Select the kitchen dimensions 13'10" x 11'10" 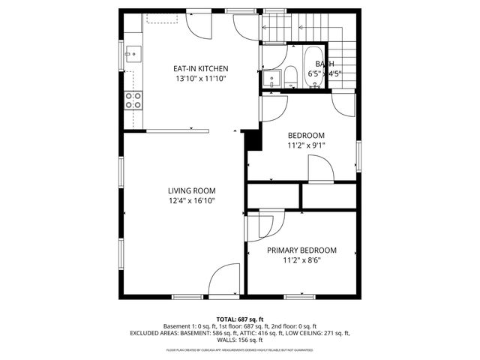[200, 78]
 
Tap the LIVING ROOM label [191, 190]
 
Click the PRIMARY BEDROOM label [301, 250]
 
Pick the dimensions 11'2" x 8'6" [301, 260]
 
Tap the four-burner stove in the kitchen [133, 100]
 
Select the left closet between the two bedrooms [273, 195]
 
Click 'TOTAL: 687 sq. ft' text [240, 319]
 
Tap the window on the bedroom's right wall [358, 153]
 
